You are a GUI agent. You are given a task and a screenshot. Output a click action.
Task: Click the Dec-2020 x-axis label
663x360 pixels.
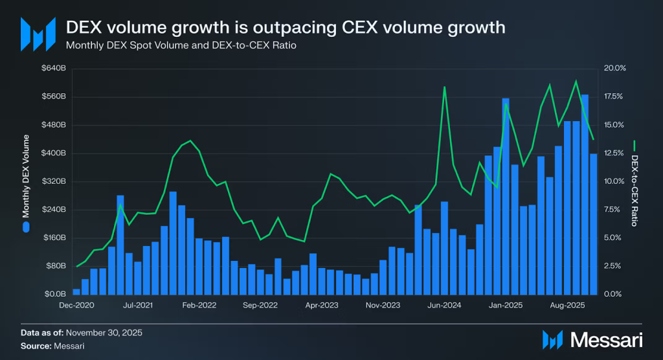[76, 304]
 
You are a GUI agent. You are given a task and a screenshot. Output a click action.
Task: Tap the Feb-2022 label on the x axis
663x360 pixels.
[199, 304]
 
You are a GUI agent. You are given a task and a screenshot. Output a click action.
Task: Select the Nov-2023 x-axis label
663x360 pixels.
[383, 304]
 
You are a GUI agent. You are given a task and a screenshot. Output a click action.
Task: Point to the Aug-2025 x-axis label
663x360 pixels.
[567, 304]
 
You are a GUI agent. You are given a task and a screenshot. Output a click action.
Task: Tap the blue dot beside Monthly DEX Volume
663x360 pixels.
[26, 227]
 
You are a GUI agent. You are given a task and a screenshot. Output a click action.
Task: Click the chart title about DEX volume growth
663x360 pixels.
[286, 28]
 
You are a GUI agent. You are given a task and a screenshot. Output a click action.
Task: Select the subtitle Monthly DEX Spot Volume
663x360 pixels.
[181, 46]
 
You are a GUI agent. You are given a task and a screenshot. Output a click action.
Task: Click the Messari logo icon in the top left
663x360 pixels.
[37, 34]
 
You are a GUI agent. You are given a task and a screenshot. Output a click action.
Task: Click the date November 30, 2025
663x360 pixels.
[104, 333]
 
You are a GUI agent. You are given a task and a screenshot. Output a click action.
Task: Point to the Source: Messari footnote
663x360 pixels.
[52, 346]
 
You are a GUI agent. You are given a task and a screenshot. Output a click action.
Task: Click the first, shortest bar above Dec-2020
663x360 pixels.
[76, 291]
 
